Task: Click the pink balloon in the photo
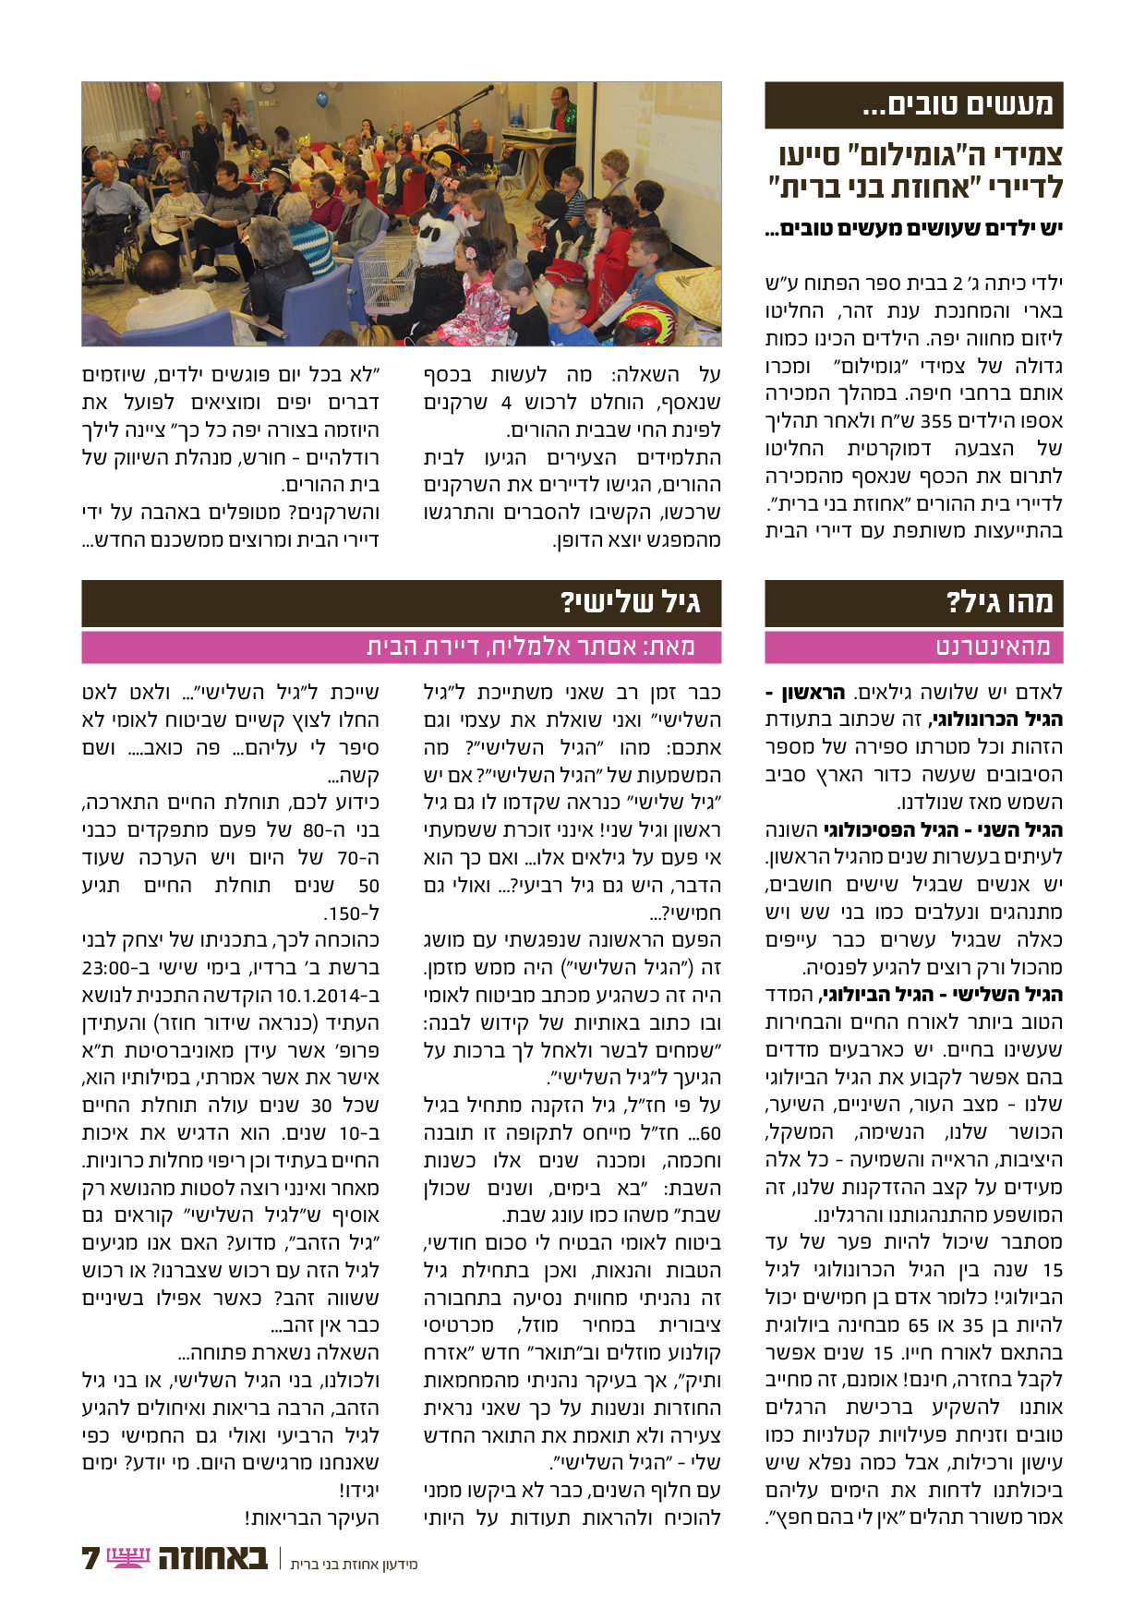[x=153, y=93]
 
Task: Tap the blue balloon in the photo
[x=321, y=99]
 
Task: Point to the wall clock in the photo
[x=267, y=88]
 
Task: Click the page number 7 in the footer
[x=90, y=1559]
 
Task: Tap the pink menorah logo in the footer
[x=128, y=1558]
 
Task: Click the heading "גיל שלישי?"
[x=630, y=603]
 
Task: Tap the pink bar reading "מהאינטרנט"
[x=993, y=647]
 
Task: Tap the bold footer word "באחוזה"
[x=213, y=1558]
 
